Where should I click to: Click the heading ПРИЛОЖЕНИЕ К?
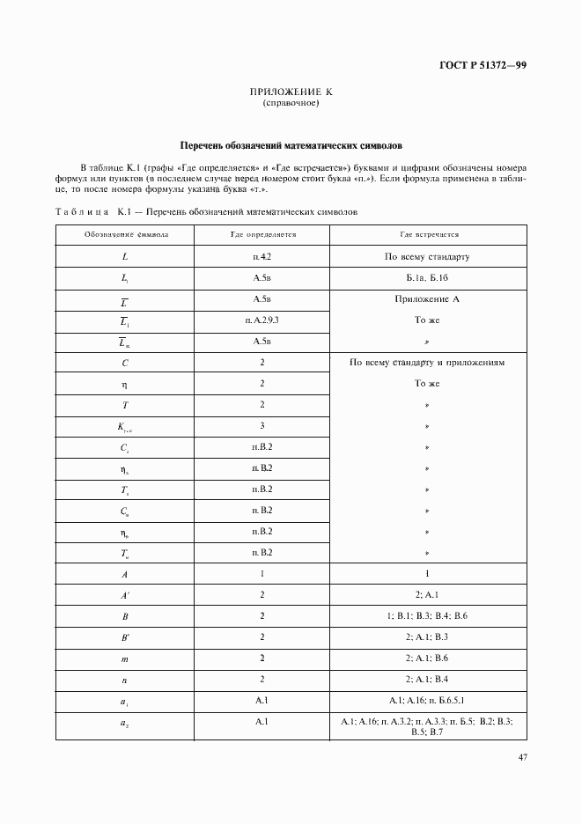tap(291, 92)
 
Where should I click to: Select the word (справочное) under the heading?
tap(291, 104)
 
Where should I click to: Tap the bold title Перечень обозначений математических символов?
tap(291, 145)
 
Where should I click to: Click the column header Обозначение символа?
tap(126, 235)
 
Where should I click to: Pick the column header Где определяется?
tap(262, 235)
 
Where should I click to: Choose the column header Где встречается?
tap(430, 235)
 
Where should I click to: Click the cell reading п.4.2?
tap(262, 257)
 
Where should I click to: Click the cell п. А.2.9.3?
tap(262, 320)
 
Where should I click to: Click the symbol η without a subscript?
tap(126, 385)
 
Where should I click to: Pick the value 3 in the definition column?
tap(262, 426)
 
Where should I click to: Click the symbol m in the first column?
tap(126, 658)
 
